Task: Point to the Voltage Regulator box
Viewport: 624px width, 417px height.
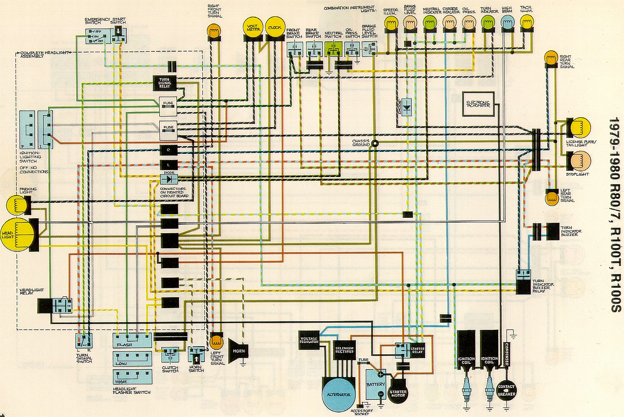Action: pos(309,341)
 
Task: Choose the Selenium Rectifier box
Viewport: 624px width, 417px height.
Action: pos(344,350)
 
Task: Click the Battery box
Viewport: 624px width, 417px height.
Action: pos(376,384)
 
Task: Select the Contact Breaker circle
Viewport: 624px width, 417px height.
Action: pos(506,391)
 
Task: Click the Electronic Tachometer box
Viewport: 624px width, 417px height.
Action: pos(478,104)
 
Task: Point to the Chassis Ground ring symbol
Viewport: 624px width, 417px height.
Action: pos(375,144)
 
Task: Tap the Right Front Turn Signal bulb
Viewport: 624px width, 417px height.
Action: pos(213,31)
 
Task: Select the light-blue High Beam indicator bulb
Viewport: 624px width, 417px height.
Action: pos(507,22)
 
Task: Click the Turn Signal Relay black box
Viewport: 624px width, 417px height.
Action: pos(165,83)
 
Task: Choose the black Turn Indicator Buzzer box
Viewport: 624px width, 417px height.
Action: pos(553,231)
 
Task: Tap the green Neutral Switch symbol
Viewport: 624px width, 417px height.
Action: pos(333,47)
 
